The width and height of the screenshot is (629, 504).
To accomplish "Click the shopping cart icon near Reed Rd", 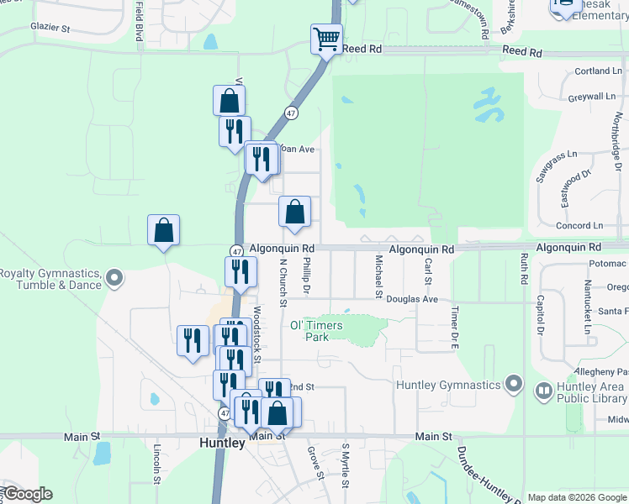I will click(x=325, y=39).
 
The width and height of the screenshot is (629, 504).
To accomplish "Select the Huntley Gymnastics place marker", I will click(x=515, y=386).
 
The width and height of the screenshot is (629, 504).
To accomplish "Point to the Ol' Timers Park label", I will click(x=308, y=330).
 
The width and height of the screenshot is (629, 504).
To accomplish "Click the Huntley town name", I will click(x=222, y=443).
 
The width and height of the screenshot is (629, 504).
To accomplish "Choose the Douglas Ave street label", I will click(x=413, y=299).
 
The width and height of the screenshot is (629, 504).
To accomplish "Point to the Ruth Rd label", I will click(x=523, y=268).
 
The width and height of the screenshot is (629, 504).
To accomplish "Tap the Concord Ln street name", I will click(x=579, y=226).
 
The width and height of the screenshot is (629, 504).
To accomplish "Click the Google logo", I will click(x=27, y=494).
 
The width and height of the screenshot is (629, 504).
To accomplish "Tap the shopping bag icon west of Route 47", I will click(x=163, y=230).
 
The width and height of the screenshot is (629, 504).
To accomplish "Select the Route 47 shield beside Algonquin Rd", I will click(x=236, y=251).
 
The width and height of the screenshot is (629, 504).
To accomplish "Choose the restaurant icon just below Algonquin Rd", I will click(x=240, y=272).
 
